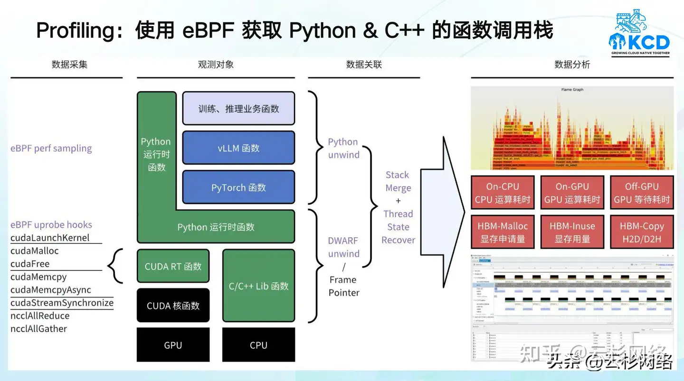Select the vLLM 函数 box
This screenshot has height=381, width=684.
pos(238,148)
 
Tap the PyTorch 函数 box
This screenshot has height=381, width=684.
pos(238,187)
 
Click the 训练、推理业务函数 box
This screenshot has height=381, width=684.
pos(238,109)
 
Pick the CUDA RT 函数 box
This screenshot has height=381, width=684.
pos(173,266)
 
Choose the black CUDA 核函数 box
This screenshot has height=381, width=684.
pos(173,306)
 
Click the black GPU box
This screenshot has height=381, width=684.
pos(173,345)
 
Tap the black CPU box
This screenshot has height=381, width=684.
pos(258,345)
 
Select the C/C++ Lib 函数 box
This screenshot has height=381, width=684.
pos(258,286)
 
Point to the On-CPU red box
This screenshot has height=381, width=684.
pos(503,193)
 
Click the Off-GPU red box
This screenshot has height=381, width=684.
pos(641,193)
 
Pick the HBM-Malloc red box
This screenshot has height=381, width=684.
pos(503,232)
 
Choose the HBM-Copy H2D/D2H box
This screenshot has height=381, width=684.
pos(641,232)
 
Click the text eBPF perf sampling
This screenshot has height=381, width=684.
pos(51,148)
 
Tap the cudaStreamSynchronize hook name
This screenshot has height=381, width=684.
pos(62,303)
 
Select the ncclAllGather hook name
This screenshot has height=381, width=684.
pos(39,328)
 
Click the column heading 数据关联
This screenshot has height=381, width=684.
pos(364,65)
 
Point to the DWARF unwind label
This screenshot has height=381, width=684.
pos(343,247)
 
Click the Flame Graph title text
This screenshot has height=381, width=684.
pos(572,90)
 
